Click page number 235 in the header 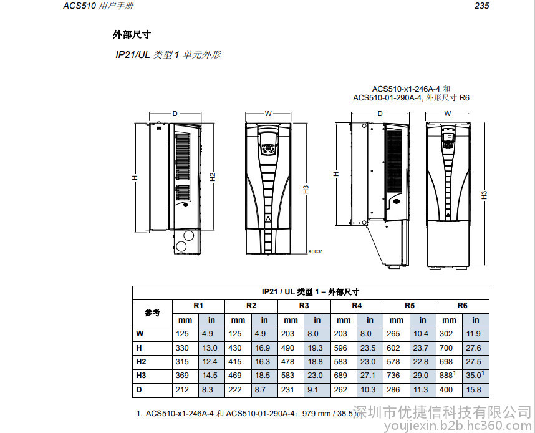(481, 6)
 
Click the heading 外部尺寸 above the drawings (132, 34)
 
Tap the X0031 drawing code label (316, 251)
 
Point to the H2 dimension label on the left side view (213, 177)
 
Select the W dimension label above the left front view (268, 114)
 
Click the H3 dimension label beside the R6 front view (484, 195)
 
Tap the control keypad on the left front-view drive (268, 144)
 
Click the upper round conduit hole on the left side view (188, 235)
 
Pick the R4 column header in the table (357, 306)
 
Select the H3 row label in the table (141, 376)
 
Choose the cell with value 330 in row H (182, 348)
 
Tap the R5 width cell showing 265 (393, 334)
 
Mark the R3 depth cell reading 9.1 (312, 389)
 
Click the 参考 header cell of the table (152, 313)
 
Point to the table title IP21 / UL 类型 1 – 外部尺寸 (310, 293)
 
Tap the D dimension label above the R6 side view (380, 114)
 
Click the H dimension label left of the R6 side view (337, 174)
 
